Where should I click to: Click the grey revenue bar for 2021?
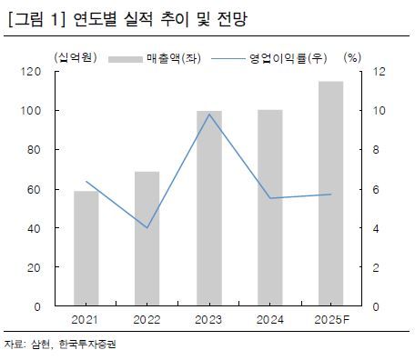[86, 248]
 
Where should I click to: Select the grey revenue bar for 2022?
[147, 238]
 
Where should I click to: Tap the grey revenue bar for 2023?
[209, 208]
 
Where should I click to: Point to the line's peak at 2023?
[209, 114]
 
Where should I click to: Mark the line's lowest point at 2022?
[147, 227]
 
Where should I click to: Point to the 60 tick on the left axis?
[33, 189]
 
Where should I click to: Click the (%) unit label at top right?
[353, 58]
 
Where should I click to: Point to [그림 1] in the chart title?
[33, 17]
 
